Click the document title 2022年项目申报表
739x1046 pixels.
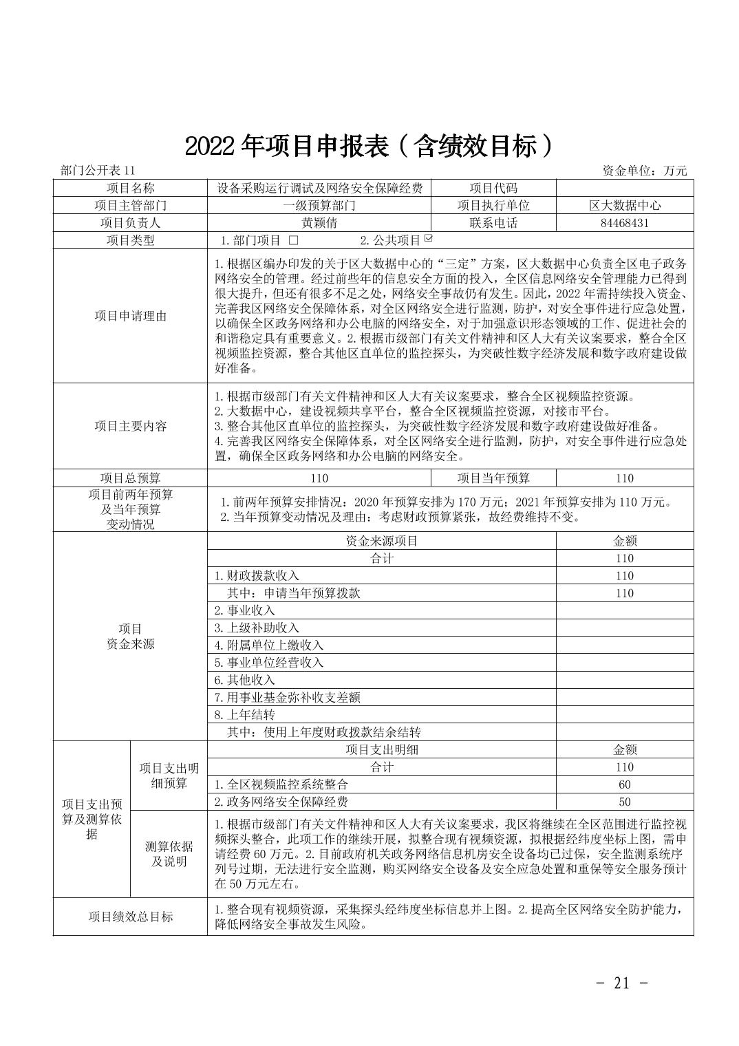click(369, 145)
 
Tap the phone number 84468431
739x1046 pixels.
click(624, 223)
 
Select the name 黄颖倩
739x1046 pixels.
click(319, 223)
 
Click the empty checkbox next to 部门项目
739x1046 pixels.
click(294, 240)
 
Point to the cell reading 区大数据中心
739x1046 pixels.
click(624, 205)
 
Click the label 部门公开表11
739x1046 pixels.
click(99, 171)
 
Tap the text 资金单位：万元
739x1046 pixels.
click(644, 171)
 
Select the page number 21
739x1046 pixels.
click(621, 983)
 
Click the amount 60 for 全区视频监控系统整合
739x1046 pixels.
click(624, 784)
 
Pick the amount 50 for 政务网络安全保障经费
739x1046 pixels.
click(624, 802)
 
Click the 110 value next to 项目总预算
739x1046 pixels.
click(319, 478)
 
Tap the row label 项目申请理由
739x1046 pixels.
click(130, 316)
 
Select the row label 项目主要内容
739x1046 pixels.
click(130, 426)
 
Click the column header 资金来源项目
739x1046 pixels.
click(381, 541)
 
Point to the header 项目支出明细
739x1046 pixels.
click(381, 749)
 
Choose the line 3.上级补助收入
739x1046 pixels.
click(256, 628)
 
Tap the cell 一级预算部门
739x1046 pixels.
click(319, 205)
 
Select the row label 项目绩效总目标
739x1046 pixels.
click(130, 917)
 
